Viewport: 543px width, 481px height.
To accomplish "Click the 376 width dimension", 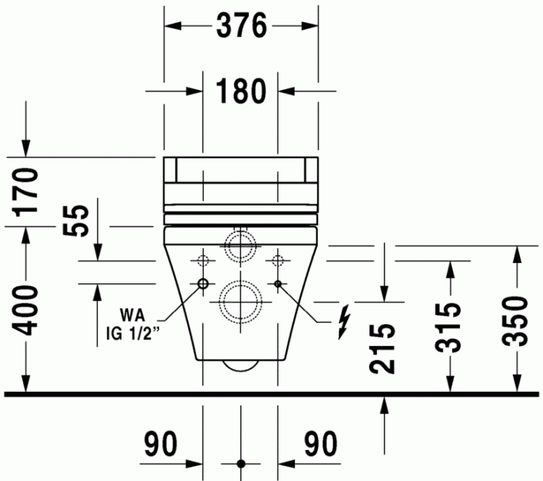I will (x=240, y=26).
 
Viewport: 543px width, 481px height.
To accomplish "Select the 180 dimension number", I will (x=240, y=91).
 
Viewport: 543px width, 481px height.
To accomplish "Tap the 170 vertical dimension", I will (x=27, y=191).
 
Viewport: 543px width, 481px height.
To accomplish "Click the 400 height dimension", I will (x=27, y=310).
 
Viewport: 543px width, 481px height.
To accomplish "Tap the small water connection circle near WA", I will (x=202, y=284).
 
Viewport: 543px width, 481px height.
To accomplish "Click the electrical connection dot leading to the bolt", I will (x=278, y=284).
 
